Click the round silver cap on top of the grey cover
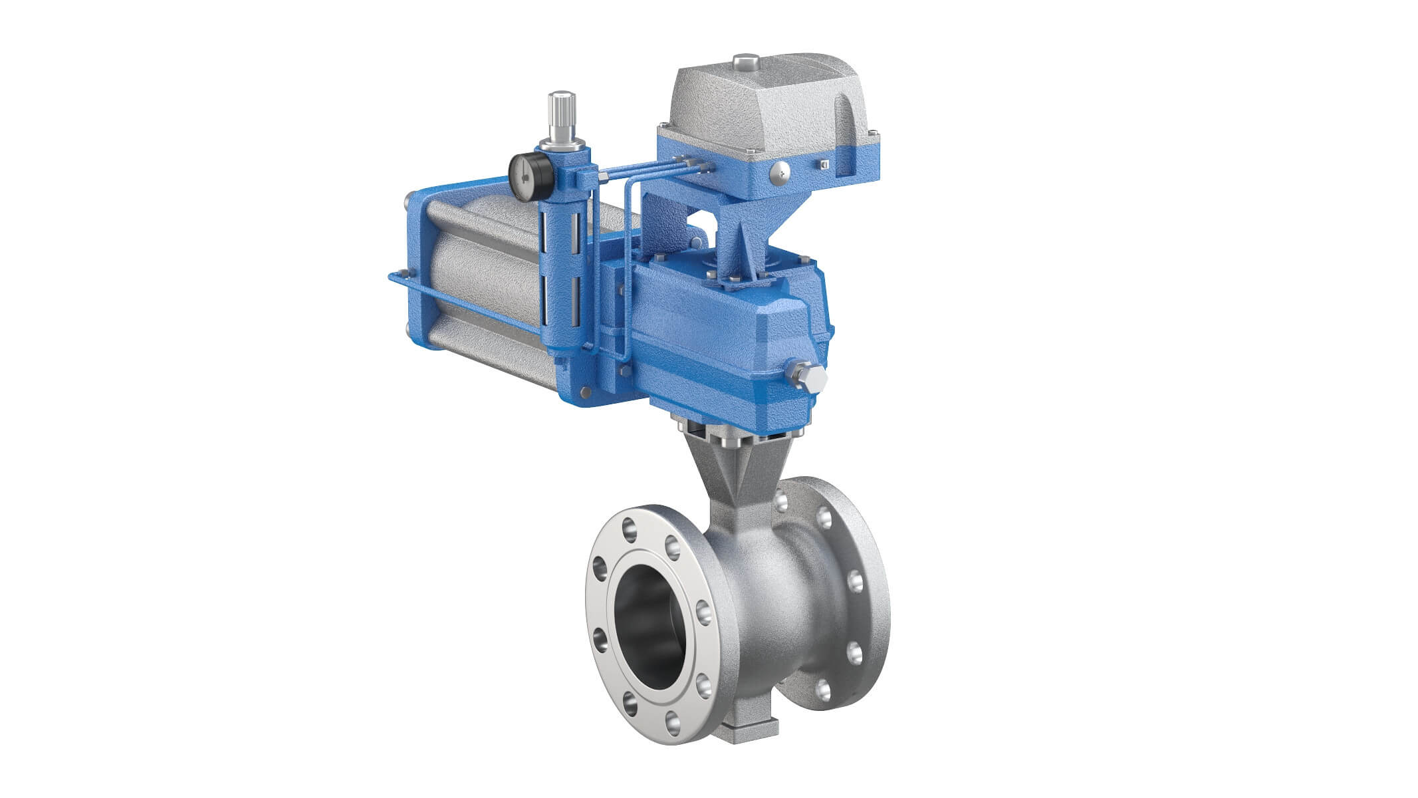[x=746, y=63]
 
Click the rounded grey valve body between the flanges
[x=771, y=598]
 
